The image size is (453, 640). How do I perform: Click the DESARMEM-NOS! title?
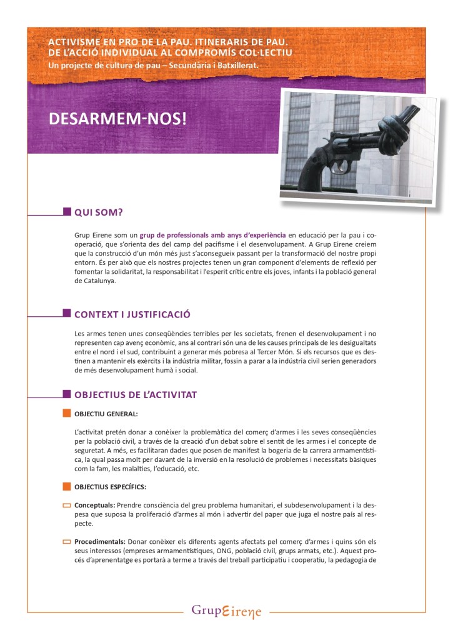click(x=117, y=118)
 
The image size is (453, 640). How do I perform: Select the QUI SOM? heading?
click(x=99, y=212)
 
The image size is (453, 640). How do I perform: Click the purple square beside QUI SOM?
click(x=67, y=212)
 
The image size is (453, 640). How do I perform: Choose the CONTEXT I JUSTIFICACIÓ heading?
click(x=132, y=314)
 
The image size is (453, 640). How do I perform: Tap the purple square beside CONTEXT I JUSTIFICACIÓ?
click(x=67, y=312)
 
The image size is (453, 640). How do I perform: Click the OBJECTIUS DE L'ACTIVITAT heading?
click(x=136, y=395)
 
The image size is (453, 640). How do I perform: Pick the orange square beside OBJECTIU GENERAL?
click(x=67, y=413)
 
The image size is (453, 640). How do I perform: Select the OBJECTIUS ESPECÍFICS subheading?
click(x=111, y=487)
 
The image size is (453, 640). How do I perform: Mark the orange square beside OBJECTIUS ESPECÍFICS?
click(x=67, y=486)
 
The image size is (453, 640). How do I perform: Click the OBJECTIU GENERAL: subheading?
click(x=106, y=414)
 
